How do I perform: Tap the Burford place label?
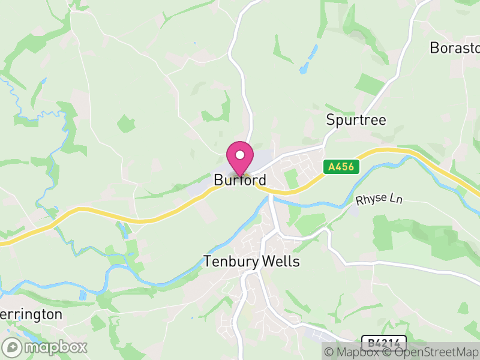coord(240,180)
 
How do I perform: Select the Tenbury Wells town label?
coord(251,262)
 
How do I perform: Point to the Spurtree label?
coord(356,119)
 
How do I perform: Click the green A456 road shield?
coord(341,167)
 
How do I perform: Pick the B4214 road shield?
coord(384,343)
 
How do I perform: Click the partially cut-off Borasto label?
coord(455,48)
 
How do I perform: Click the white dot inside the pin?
coord(240,154)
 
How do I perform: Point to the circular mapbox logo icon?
coord(13,347)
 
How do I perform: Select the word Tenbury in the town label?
coord(231,262)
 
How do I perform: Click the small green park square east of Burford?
coord(290,178)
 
